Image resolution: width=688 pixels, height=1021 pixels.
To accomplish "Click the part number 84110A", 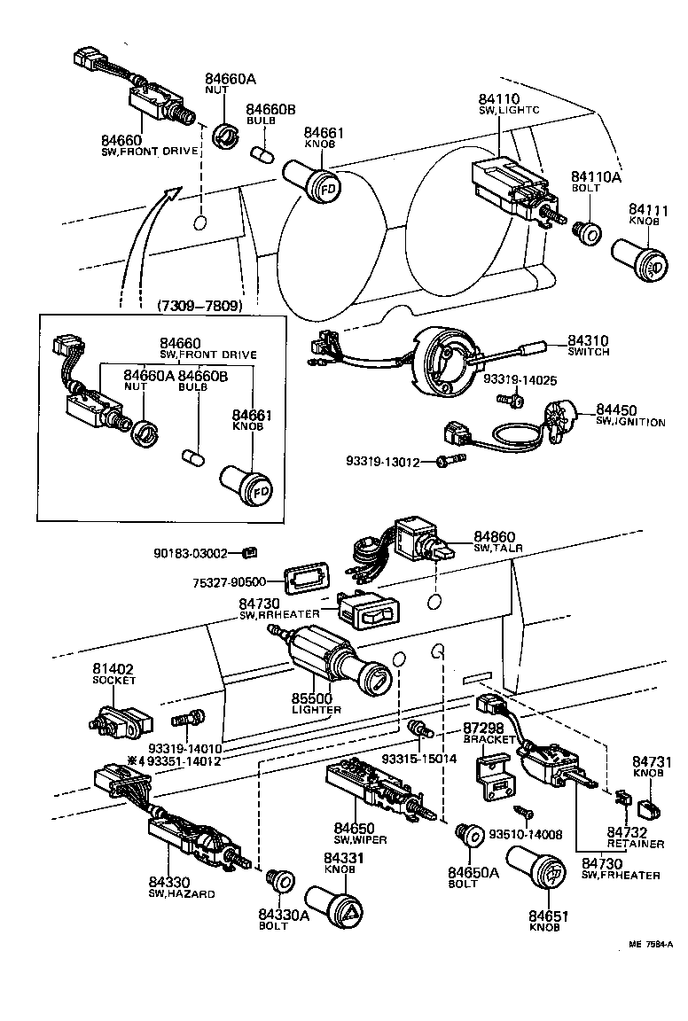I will tap(596, 177).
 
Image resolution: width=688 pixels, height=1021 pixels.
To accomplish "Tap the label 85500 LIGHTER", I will tap(316, 704).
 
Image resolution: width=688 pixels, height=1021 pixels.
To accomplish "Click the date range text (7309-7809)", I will tap(199, 306).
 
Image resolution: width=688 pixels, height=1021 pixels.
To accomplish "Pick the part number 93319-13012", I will tap(390, 461).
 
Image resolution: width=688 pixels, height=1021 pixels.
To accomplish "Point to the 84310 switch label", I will tap(588, 346).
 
